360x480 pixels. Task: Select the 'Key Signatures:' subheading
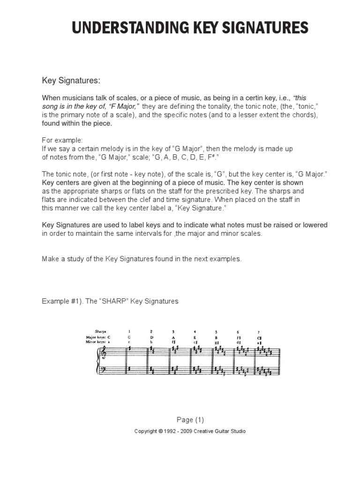[71, 81]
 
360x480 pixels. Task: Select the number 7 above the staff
[260, 331]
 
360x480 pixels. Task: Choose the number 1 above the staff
[129, 331]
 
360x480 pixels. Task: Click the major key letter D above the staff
[151, 337]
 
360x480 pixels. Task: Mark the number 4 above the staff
[195, 331]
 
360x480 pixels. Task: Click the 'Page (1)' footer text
[190, 420]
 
